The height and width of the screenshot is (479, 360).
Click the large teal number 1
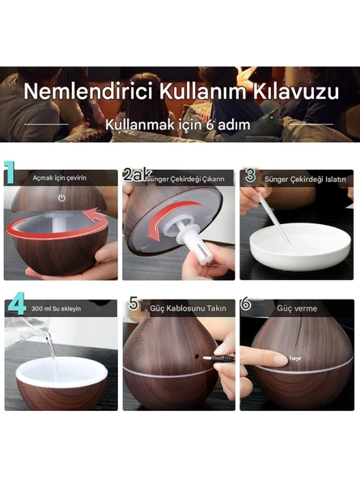(x=11, y=173)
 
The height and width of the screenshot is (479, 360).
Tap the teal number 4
(x=16, y=306)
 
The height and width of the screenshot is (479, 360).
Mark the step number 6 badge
(x=246, y=306)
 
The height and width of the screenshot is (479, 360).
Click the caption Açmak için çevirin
(x=59, y=177)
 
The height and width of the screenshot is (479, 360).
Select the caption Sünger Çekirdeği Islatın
(x=301, y=177)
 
